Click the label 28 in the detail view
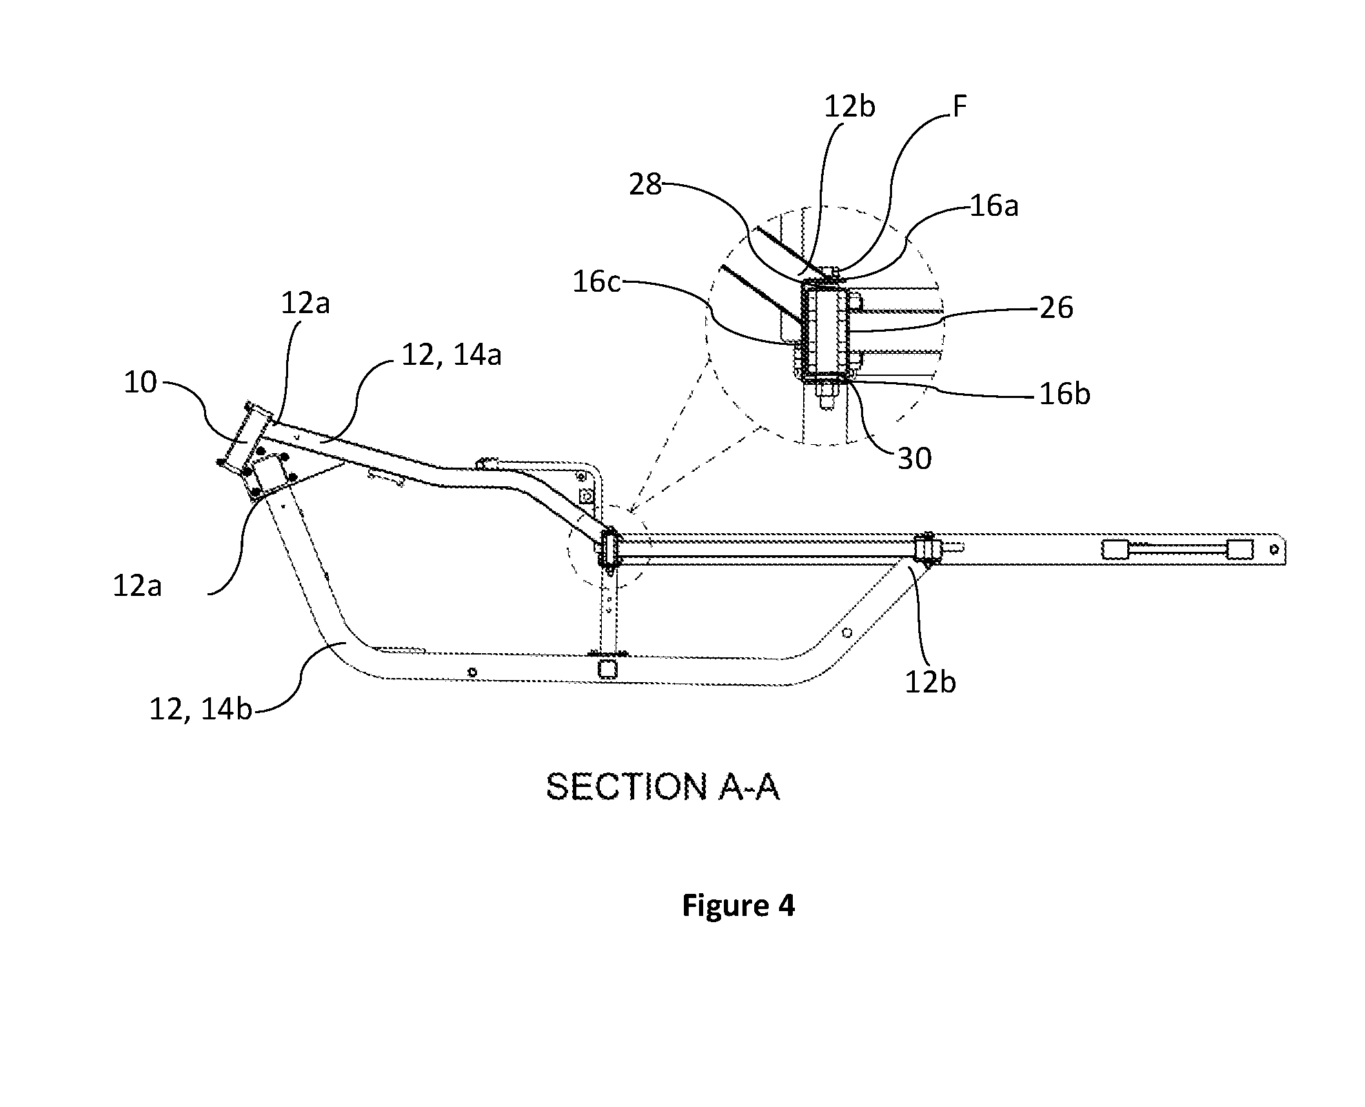click(645, 185)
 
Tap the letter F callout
click(959, 107)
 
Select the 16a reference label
click(993, 206)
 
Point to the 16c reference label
click(597, 282)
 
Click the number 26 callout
click(1056, 308)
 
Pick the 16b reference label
click(1065, 394)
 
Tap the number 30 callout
click(915, 458)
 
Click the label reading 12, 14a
click(452, 355)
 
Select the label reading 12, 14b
click(201, 708)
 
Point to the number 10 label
click(141, 382)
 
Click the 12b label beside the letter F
click(850, 107)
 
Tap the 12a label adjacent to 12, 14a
click(305, 303)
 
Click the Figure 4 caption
click(738, 905)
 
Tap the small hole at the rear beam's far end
click(1273, 550)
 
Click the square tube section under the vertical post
click(607, 668)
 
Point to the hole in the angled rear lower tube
click(847, 633)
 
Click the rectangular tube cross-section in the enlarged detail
click(825, 332)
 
